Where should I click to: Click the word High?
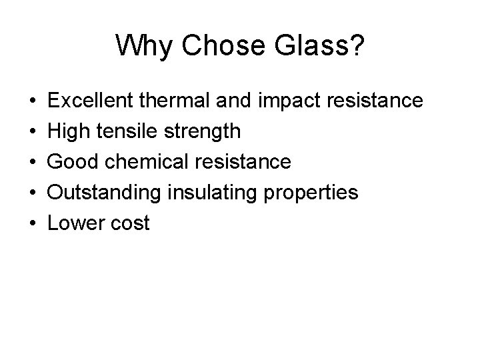click(x=70, y=131)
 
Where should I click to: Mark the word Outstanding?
click(x=105, y=193)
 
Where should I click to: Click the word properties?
click(x=311, y=193)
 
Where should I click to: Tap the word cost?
click(x=130, y=224)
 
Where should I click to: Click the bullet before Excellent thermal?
click(x=33, y=101)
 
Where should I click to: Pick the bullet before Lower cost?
click(x=33, y=224)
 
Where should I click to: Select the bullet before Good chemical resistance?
click(x=33, y=163)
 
